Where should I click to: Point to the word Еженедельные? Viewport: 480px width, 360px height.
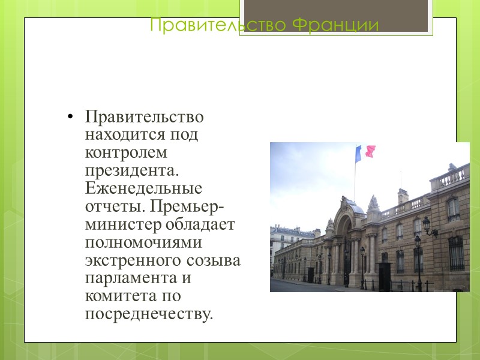point(143,188)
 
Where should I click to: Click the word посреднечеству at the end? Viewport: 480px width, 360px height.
point(149,314)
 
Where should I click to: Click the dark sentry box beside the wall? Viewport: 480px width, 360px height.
point(384,275)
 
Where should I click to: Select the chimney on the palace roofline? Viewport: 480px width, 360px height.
point(403,196)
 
